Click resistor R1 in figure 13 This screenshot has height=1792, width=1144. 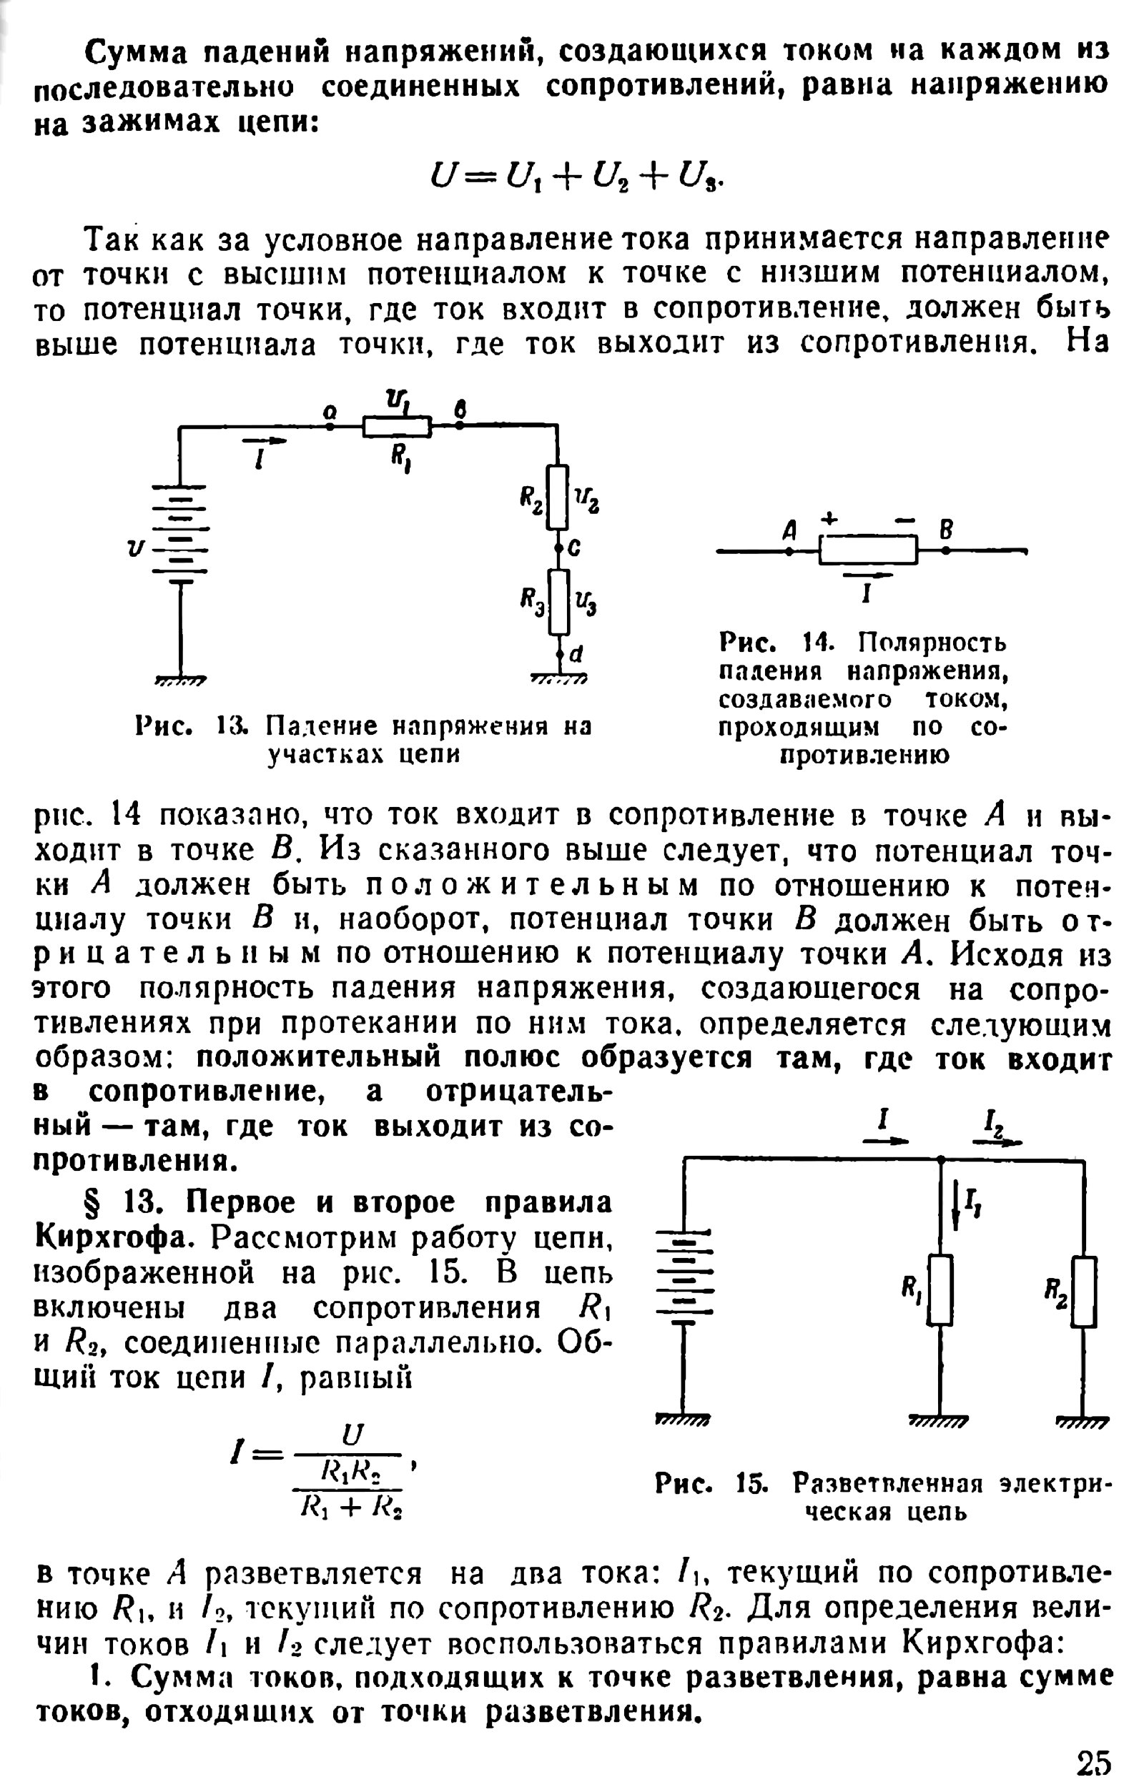pos(397,427)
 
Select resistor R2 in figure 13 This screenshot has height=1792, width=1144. pos(558,497)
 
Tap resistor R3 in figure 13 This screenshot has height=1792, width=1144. pos(558,602)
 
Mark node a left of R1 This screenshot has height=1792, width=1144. pos(330,427)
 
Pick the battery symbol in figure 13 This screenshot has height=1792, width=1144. pos(179,530)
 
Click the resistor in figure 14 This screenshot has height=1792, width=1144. pos(868,550)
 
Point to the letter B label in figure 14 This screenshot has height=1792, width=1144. pos(945,530)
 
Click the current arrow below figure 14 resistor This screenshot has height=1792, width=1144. pos(867,575)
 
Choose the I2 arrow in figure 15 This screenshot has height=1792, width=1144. pos(997,1142)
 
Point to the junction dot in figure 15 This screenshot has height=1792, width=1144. pos(941,1159)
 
